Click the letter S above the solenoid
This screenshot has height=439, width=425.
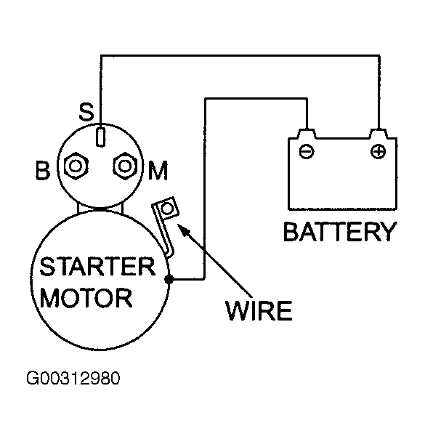click(x=86, y=112)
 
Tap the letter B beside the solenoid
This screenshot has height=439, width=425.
click(x=43, y=170)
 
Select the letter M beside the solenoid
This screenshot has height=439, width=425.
click(x=158, y=170)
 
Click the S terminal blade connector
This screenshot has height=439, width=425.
click(x=101, y=137)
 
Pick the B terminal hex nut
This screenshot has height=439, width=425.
click(x=76, y=166)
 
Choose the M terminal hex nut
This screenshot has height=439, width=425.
click(x=125, y=166)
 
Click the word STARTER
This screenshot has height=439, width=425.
click(x=97, y=266)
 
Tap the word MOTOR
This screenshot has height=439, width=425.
click(x=86, y=297)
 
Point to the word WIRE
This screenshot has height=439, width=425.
click(x=259, y=310)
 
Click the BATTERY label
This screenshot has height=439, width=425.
click(x=340, y=232)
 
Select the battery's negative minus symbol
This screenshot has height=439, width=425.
click(x=307, y=151)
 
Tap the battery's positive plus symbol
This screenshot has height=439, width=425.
click(x=378, y=151)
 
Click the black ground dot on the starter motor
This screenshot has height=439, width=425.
click(x=169, y=279)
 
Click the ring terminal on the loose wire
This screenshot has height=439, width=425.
click(x=167, y=209)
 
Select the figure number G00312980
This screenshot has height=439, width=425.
click(x=73, y=378)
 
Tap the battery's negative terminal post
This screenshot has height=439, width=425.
click(x=307, y=134)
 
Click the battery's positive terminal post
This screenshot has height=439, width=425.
click(x=379, y=134)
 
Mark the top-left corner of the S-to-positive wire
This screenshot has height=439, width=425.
click(x=101, y=56)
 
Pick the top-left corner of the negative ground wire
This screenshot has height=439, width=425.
click(x=206, y=99)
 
